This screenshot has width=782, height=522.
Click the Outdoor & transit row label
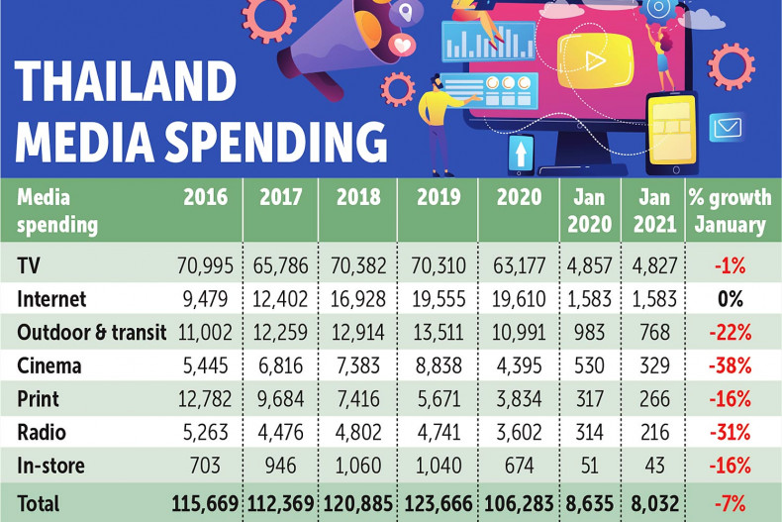[x=91, y=332]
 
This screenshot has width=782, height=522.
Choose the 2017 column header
[x=280, y=196]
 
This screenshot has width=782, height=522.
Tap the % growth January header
[x=730, y=210]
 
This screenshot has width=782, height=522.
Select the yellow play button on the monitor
[x=593, y=60]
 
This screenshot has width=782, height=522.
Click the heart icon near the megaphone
[x=403, y=46]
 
